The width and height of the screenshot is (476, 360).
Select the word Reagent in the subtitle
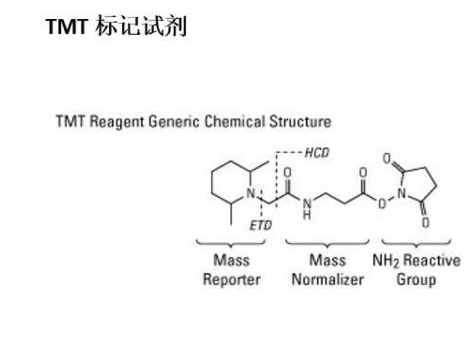tap(115, 122)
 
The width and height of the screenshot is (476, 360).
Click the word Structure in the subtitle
tap(300, 122)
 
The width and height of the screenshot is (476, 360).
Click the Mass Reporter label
tap(231, 270)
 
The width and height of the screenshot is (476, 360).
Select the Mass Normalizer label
tap(328, 270)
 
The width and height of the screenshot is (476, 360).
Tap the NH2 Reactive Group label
tap(416, 270)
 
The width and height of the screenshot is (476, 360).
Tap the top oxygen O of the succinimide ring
tap(386, 159)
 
